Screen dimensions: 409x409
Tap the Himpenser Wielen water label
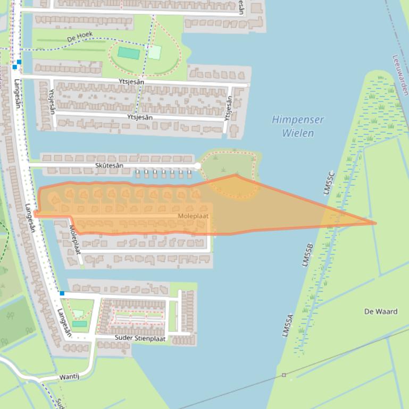click(298, 126)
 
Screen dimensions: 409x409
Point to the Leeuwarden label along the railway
click(400, 75)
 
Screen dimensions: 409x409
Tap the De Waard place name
click(381, 311)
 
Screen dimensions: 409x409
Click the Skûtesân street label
click(109, 166)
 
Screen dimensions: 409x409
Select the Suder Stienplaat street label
click(140, 338)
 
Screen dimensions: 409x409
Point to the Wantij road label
click(69, 377)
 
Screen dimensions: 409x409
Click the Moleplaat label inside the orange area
click(193, 216)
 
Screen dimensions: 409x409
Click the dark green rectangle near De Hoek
click(129, 53)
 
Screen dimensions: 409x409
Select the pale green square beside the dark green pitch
click(154, 52)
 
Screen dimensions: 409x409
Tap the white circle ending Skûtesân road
click(197, 166)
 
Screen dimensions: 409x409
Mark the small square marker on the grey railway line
click(283, 375)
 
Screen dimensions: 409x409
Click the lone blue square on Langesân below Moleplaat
click(62, 293)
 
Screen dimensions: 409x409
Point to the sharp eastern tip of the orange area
click(375, 223)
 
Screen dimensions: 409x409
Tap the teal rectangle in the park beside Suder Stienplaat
click(79, 323)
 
